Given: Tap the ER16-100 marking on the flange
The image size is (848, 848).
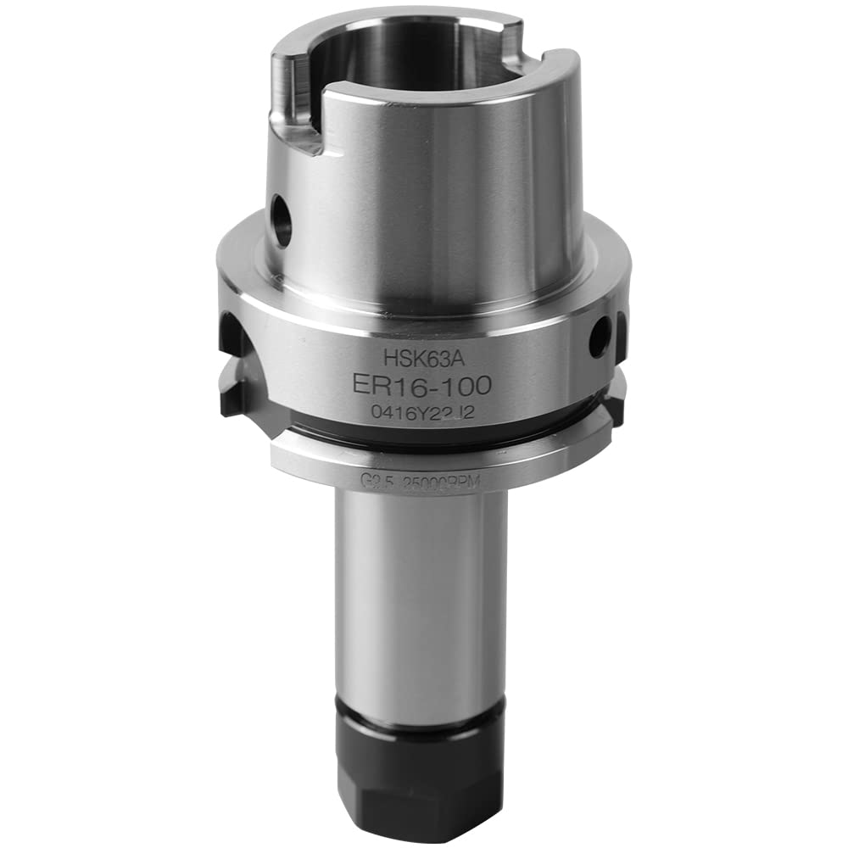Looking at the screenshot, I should (421, 386).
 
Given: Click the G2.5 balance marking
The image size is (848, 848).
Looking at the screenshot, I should (371, 481).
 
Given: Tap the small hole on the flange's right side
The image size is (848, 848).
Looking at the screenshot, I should (599, 338).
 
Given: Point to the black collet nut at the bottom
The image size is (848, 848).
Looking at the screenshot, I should (421, 780).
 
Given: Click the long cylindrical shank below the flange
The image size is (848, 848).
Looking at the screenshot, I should (421, 602).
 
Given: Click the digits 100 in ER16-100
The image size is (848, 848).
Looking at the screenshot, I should (466, 386).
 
